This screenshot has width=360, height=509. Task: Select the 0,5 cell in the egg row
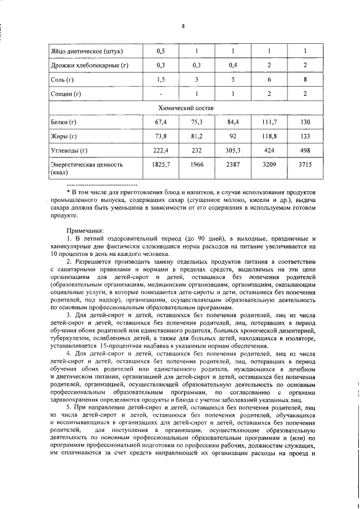[x=160, y=52]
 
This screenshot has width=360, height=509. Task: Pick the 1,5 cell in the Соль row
[x=160, y=80]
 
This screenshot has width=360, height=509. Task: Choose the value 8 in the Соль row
[x=305, y=80]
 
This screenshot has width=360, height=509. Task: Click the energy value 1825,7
[x=160, y=165]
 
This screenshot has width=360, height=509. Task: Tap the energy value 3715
[x=305, y=165]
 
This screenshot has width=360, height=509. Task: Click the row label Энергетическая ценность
[x=86, y=165]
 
